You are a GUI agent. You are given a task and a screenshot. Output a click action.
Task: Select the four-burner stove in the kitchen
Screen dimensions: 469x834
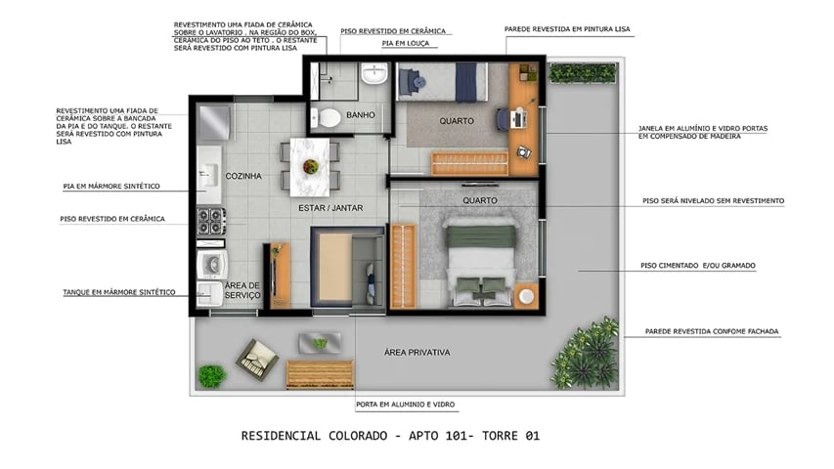tap(210, 222)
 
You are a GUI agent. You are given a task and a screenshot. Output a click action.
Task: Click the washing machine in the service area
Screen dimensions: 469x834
tap(211, 265)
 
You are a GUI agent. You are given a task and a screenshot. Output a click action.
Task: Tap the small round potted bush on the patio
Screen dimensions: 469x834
tap(211, 375)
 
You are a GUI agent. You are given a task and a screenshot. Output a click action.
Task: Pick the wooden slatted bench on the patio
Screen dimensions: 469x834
tap(319, 374)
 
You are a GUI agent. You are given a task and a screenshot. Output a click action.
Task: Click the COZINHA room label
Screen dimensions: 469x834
tap(243, 177)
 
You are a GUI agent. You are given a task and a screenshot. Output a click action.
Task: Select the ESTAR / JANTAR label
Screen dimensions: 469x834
tap(326, 208)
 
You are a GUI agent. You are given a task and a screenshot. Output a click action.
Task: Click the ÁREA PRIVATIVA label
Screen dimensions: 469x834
tap(417, 352)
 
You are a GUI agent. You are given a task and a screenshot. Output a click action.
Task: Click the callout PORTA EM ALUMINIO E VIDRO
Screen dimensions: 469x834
tap(405, 405)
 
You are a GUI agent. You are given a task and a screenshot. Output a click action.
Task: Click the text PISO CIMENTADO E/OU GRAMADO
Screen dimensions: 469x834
tap(698, 265)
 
